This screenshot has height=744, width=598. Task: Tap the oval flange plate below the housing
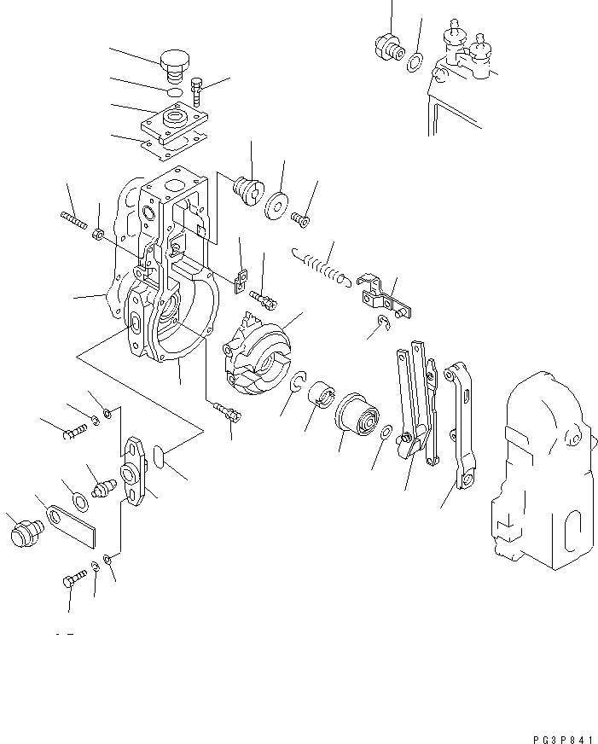click(x=136, y=469)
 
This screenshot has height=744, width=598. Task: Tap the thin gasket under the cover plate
click(x=174, y=145)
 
